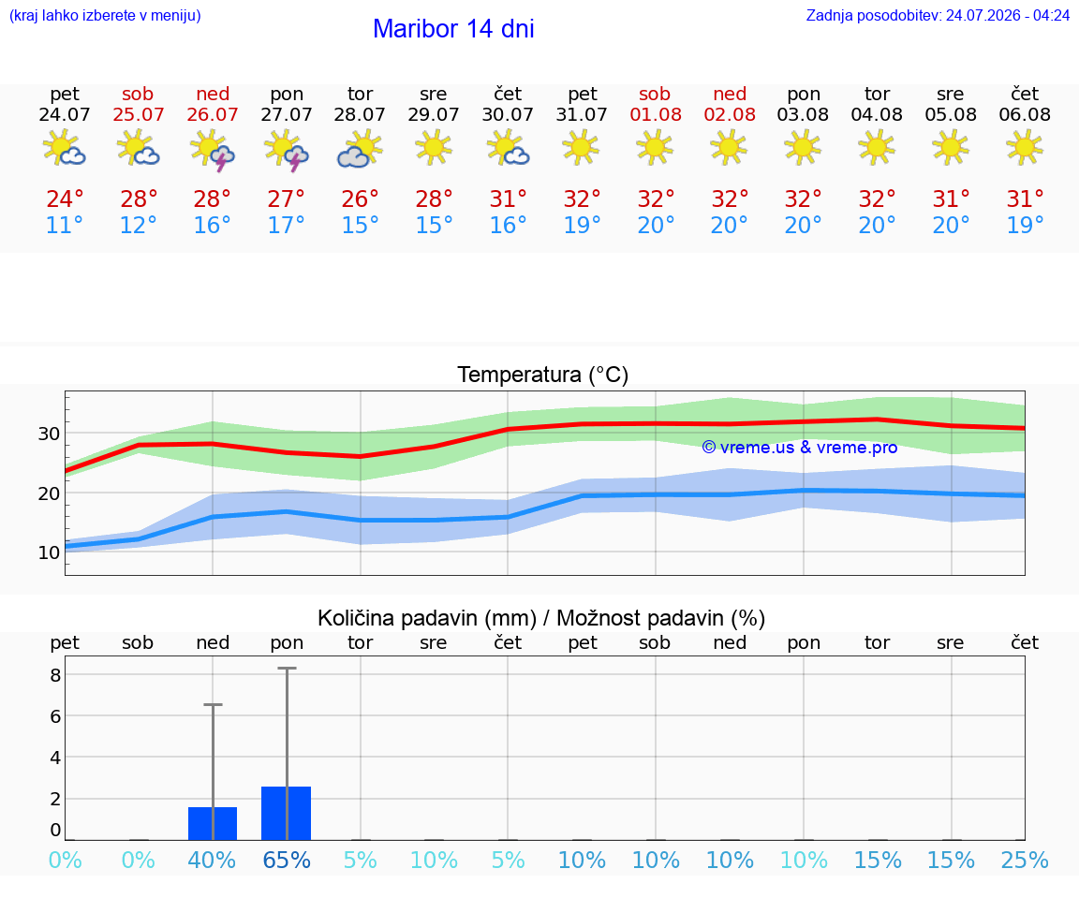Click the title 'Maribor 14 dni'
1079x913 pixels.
click(453, 29)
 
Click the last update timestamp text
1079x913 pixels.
click(938, 15)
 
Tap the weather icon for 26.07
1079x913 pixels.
click(213, 150)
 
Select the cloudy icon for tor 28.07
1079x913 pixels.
click(360, 149)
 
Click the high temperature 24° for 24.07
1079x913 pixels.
click(65, 199)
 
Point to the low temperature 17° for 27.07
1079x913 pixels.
click(287, 225)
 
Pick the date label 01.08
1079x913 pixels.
click(656, 114)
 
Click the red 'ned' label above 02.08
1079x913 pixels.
click(730, 94)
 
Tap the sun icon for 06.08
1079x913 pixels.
click(1025, 147)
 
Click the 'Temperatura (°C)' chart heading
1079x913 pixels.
click(543, 375)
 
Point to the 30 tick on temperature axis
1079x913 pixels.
click(49, 434)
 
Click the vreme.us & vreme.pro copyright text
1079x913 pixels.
click(800, 448)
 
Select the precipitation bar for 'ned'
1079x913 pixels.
click(213, 823)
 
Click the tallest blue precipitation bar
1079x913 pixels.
click(287, 813)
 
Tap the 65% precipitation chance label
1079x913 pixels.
click(287, 860)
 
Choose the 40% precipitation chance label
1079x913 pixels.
click(212, 860)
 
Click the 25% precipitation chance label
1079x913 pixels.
click(1025, 860)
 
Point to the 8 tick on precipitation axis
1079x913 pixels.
click(56, 675)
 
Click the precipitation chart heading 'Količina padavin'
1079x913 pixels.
click(427, 618)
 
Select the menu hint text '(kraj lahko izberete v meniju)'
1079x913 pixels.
click(105, 15)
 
